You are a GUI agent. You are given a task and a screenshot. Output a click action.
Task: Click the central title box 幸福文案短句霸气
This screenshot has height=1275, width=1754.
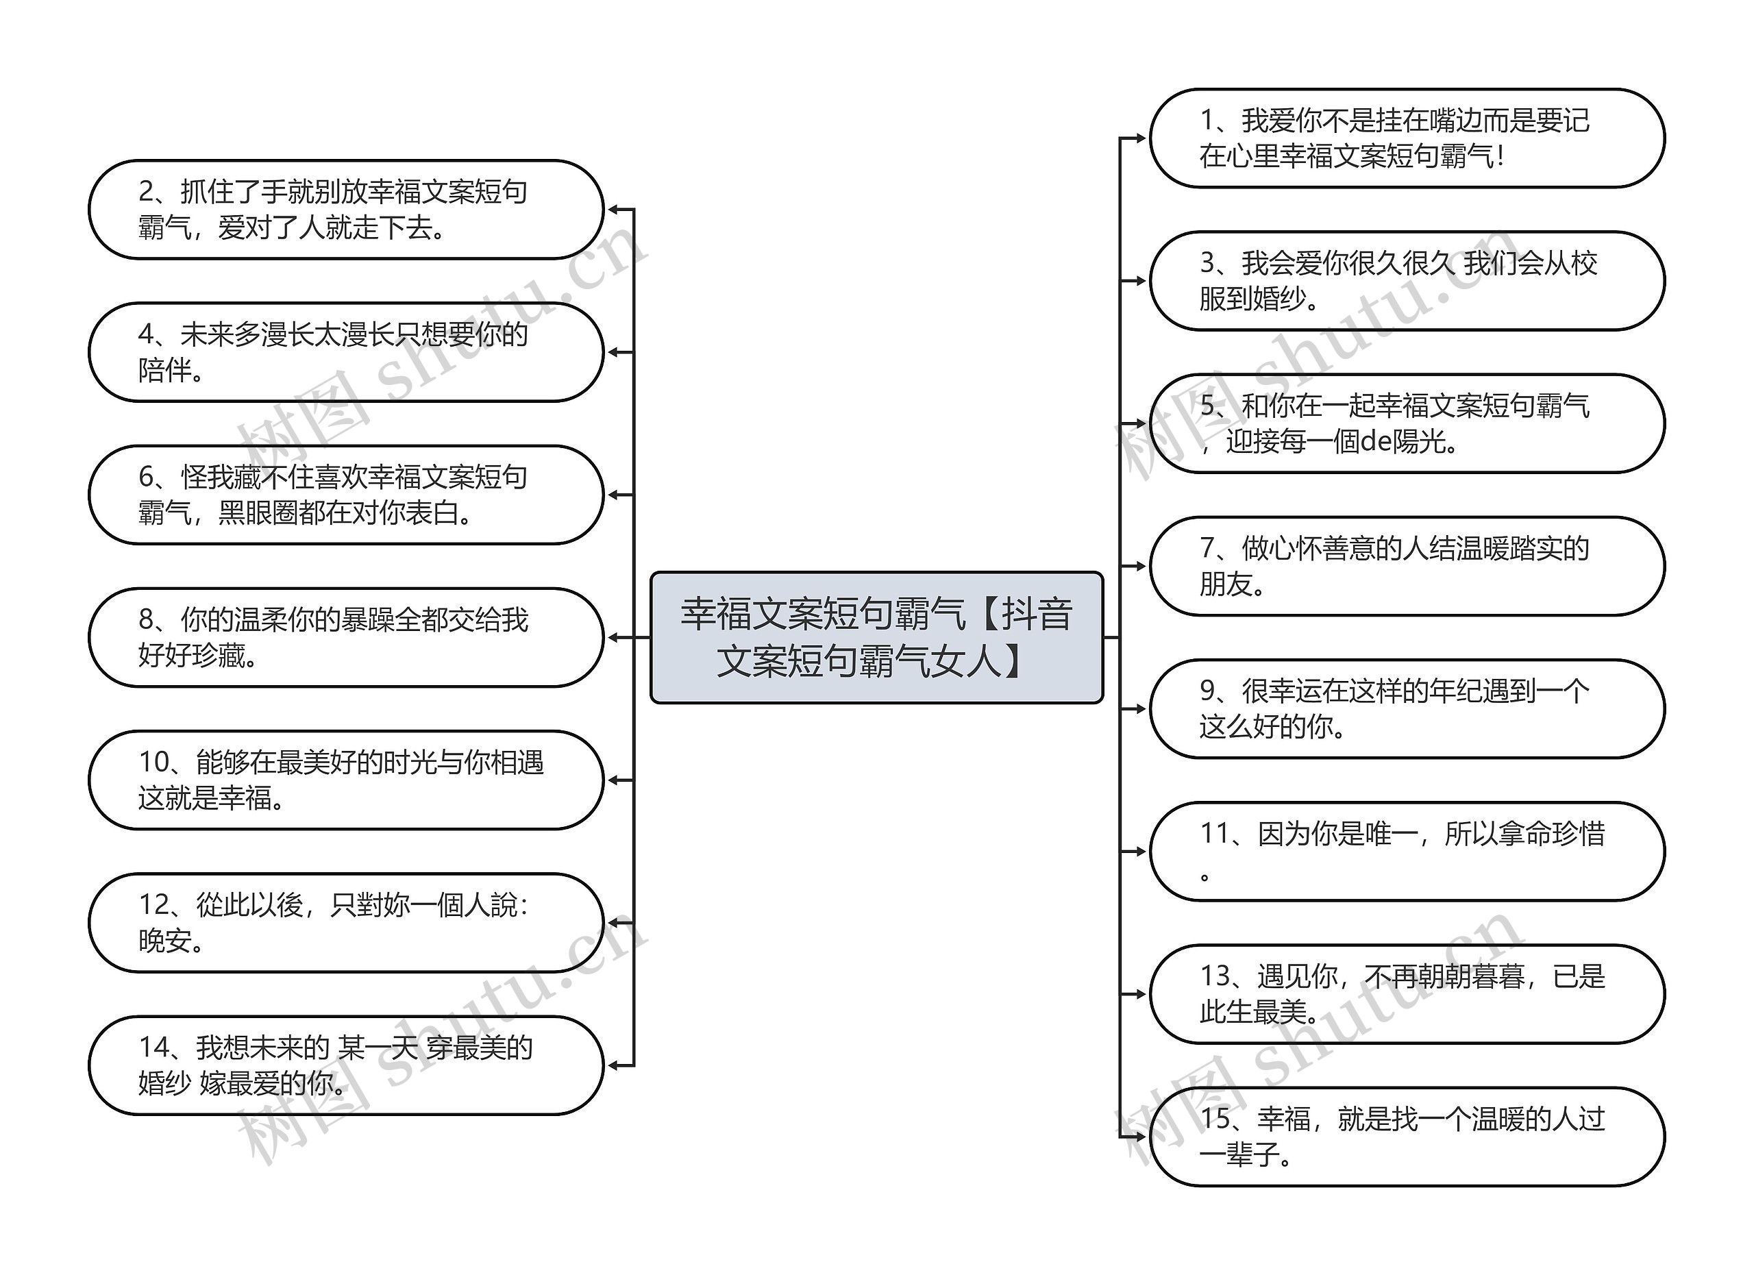click(x=876, y=637)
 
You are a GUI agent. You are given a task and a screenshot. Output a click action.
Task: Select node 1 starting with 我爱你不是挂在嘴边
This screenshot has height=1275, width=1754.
click(x=1406, y=138)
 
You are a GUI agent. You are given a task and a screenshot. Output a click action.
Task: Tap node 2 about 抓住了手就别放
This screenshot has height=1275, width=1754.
click(x=346, y=210)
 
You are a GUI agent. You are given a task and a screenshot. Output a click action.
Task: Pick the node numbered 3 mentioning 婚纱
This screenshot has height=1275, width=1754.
click(x=1406, y=281)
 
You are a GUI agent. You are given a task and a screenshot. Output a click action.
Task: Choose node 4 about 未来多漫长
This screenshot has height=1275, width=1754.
click(x=346, y=351)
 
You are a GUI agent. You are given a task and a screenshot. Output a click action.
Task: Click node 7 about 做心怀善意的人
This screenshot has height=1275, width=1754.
click(x=1406, y=566)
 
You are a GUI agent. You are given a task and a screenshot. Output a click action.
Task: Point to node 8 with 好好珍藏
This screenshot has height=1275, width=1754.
click(x=346, y=637)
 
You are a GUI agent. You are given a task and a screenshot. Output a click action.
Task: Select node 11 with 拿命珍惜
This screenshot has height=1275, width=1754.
click(x=1406, y=852)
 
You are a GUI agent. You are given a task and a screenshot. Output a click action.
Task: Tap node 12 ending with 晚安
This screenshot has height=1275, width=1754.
click(x=346, y=922)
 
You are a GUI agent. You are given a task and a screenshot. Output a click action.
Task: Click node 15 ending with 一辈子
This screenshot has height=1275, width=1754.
click(x=1406, y=1137)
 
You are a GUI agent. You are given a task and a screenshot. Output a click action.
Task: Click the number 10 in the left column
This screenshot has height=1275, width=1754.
click(x=153, y=763)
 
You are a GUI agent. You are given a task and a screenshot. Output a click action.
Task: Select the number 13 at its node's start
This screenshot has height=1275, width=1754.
click(x=1215, y=976)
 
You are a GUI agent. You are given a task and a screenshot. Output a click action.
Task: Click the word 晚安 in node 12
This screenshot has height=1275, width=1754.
click(x=164, y=941)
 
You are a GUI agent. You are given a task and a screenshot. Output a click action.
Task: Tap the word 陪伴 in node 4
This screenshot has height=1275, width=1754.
click(x=164, y=371)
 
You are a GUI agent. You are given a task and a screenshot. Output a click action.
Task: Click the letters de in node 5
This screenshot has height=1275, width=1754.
click(x=1376, y=441)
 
